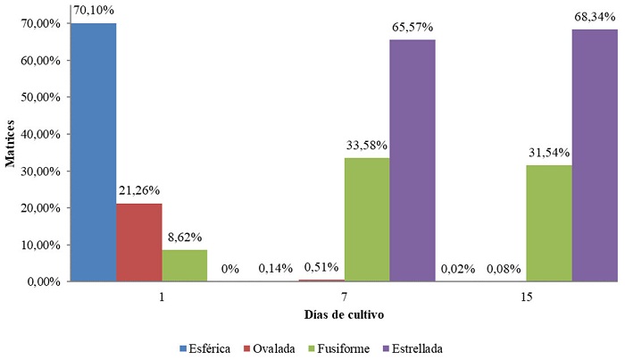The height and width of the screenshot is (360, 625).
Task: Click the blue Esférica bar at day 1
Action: [x=93, y=153]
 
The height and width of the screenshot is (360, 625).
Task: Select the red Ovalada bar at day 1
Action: [x=138, y=242]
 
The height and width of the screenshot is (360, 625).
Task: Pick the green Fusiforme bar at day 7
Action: [x=367, y=220]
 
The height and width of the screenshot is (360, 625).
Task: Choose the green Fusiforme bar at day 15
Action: [x=549, y=223]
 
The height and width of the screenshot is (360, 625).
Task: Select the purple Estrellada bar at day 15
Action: [x=595, y=155]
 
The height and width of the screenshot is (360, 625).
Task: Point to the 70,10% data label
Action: [x=93, y=12]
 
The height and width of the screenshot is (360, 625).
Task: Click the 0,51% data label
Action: [x=321, y=268]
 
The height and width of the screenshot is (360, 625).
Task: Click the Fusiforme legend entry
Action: [x=338, y=347]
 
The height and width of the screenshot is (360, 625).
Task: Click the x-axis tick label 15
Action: [x=527, y=297]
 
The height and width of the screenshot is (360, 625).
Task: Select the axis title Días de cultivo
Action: [x=344, y=315]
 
